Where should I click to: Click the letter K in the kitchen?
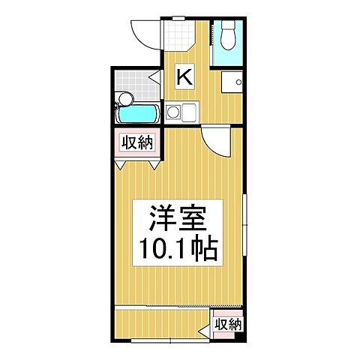185,76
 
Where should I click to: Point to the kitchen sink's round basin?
173,113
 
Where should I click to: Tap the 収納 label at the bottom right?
227,324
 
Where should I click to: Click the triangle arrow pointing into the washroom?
154,76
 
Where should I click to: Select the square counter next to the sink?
187,113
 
